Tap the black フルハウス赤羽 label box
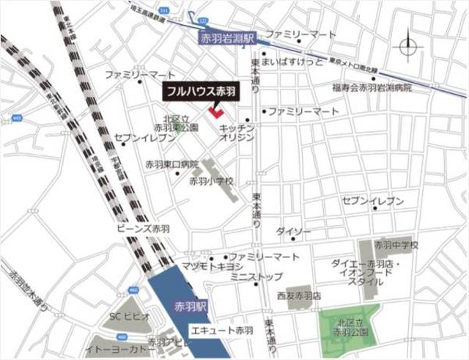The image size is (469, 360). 199,92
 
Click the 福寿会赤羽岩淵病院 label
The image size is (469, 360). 372,87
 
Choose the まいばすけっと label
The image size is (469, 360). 293,62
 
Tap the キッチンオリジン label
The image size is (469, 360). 237,133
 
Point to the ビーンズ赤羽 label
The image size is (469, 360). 144,229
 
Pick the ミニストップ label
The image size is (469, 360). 256,277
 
